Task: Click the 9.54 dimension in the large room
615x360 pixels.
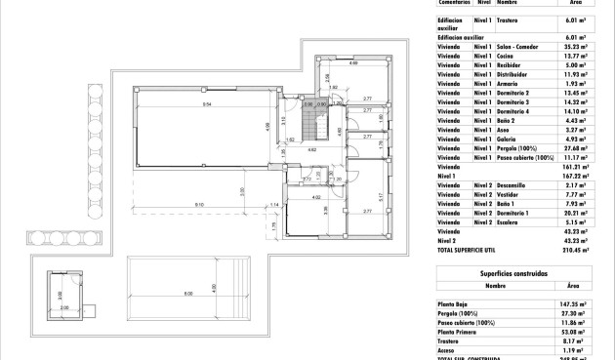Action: click(x=207, y=103)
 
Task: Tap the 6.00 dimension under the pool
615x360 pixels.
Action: click(x=187, y=294)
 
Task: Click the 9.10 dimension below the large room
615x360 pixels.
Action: click(x=198, y=204)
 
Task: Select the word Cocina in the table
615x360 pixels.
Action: click(x=508, y=56)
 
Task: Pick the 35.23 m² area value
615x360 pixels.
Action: click(x=580, y=46)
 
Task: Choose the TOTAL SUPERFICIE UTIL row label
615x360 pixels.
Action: click(x=473, y=249)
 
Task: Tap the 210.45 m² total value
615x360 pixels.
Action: click(x=580, y=249)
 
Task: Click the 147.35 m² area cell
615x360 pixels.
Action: click(x=580, y=304)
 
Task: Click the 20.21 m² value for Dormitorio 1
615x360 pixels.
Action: click(x=580, y=212)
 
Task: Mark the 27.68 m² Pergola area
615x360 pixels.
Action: click(x=580, y=147)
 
